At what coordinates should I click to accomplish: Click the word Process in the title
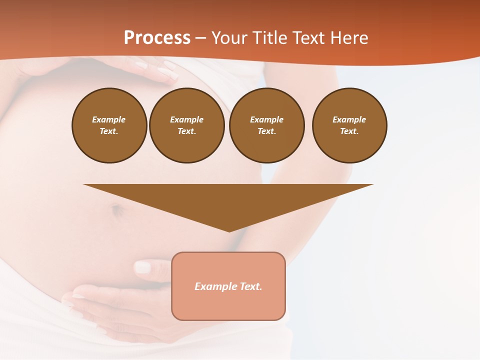pos(157,37)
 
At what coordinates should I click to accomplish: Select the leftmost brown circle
pos(109,125)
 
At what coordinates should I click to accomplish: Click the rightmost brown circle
pos(349,125)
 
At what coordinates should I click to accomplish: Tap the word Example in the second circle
pos(186,119)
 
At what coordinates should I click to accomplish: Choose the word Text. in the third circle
pos(266,131)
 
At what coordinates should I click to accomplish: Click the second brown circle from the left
pos(187,125)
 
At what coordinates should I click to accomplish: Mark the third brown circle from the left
pos(267,125)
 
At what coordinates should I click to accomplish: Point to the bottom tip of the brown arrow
pos(229,231)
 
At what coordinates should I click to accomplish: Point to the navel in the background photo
pos(117,210)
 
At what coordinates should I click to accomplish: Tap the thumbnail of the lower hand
pos(142,267)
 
